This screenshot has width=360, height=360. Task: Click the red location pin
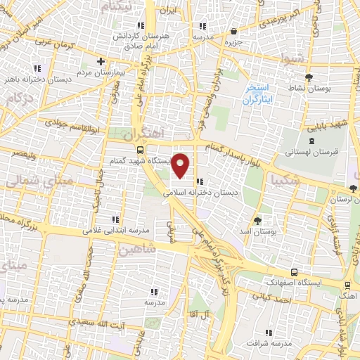(181, 166)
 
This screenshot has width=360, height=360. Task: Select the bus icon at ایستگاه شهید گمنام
(140, 150)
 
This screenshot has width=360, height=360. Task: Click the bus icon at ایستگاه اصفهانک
(293, 273)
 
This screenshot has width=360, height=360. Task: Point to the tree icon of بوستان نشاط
(309, 77)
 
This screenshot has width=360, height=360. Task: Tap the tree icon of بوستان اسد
(257, 220)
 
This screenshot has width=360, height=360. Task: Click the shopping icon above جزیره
(233, 31)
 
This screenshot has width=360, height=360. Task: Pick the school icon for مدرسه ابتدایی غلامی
(115, 219)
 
